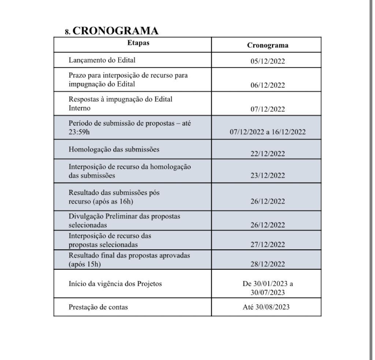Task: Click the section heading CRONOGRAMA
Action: point(115,31)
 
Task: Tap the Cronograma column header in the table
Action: point(267,45)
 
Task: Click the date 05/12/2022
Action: point(267,61)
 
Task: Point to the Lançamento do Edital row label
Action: point(99,60)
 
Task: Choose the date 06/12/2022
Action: point(267,85)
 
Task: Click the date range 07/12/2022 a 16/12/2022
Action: point(267,132)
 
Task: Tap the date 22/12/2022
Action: point(267,154)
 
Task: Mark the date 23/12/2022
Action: point(267,176)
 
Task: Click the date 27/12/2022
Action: point(267,245)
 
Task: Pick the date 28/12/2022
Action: point(267,264)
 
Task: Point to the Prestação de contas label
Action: point(98,307)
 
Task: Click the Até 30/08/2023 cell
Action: point(266,307)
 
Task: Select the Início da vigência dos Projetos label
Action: point(115,283)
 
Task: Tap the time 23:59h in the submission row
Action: point(79,132)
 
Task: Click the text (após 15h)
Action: point(85,264)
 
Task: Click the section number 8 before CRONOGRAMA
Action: point(67,32)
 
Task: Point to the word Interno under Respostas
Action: point(79,108)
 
